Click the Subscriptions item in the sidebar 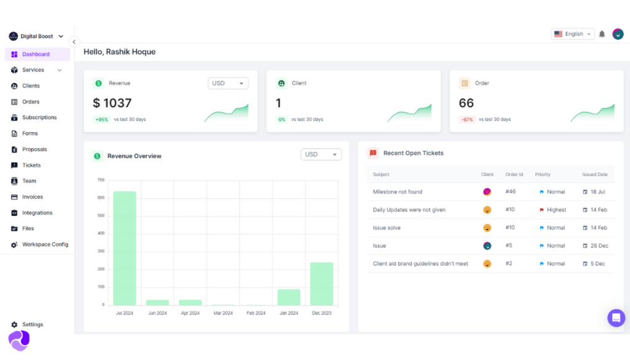click(39, 118)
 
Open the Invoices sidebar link click(32, 197)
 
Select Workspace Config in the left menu click(44, 244)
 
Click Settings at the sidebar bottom click(32, 324)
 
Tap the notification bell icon click(602, 34)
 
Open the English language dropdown click(572, 34)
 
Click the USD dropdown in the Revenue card click(228, 83)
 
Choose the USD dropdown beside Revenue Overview click(321, 154)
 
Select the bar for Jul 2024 click(125, 248)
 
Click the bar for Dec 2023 click(322, 284)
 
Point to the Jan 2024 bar click(289, 297)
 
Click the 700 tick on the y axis click(101, 180)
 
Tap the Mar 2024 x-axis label click(223, 313)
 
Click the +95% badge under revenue click(102, 119)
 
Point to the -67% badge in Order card click(467, 119)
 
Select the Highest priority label click(556, 210)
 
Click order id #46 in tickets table click(510, 192)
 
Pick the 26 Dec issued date click(599, 246)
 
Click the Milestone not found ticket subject click(397, 192)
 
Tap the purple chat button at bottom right click(616, 318)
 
